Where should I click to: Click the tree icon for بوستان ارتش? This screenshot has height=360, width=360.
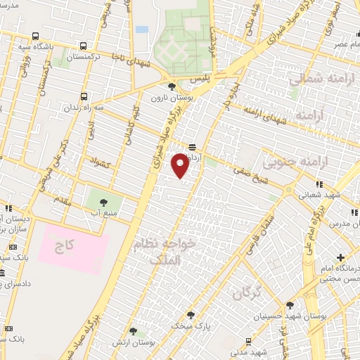(133, 330)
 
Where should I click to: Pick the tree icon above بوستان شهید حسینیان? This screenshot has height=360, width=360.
(290, 304)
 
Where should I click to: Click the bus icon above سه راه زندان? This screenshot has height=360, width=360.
(84, 96)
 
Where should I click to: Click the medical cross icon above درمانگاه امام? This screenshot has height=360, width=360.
(340, 257)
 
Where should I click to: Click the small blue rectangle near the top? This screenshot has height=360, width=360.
(142, 30)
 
